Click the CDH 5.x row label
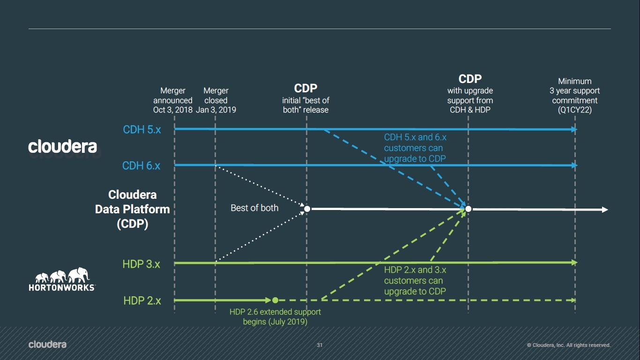(x=141, y=129)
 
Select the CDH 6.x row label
(x=141, y=165)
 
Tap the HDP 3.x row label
(x=141, y=264)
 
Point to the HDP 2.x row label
(x=142, y=300)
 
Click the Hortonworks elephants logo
(x=62, y=280)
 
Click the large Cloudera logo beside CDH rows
(x=62, y=147)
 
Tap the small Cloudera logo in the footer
(x=47, y=345)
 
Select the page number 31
(x=320, y=345)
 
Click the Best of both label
(x=254, y=208)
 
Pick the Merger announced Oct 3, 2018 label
(x=173, y=100)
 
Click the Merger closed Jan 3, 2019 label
(x=216, y=100)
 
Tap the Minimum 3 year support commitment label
(x=575, y=96)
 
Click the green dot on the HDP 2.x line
(x=275, y=300)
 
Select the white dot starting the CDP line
(x=307, y=209)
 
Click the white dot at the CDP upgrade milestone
(x=468, y=209)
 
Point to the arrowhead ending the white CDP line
(x=605, y=210)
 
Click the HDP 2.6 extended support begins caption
(x=275, y=317)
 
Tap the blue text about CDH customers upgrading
(x=415, y=148)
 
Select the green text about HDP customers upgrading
(x=415, y=280)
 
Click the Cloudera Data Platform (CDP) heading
(x=132, y=209)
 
